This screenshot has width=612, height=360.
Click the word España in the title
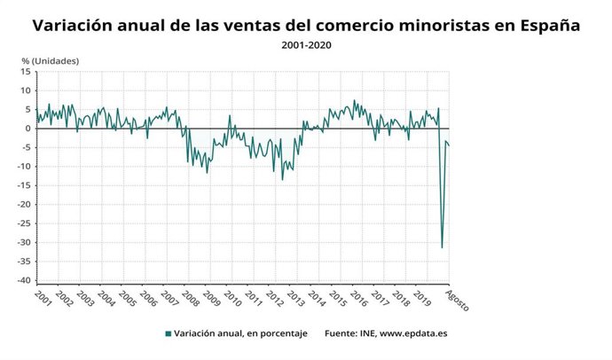545,26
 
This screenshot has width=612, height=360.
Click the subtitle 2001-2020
306,44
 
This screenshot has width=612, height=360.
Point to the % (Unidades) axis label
51,60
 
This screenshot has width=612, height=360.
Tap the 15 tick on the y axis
27,71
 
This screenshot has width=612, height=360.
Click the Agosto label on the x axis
456,301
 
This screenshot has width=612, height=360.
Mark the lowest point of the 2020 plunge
442,247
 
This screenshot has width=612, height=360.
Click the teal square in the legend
169,334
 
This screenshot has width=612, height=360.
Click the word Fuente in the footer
341,334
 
